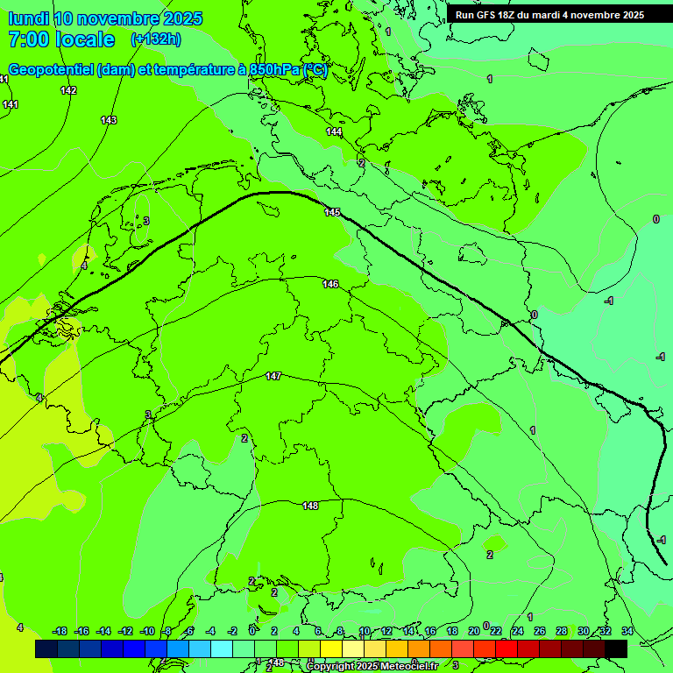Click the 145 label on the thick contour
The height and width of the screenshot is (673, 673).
click(332, 213)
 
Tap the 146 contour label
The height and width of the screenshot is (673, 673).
click(330, 284)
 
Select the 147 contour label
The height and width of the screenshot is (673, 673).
click(273, 376)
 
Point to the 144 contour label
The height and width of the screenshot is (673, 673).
click(334, 132)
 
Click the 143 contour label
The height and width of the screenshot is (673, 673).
click(109, 120)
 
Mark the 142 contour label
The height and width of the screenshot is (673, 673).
click(68, 90)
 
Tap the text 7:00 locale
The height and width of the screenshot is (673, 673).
click(61, 39)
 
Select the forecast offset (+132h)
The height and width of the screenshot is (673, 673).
click(156, 39)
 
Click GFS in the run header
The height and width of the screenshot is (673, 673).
click(484, 15)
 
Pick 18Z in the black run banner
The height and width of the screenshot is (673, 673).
click(507, 15)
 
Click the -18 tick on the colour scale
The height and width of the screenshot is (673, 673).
click(60, 631)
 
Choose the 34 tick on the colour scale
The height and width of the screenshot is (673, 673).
click(627, 631)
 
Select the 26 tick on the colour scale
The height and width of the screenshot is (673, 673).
click(540, 631)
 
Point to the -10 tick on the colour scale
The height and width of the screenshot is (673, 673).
click(147, 631)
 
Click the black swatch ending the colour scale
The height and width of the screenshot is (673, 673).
click(616, 648)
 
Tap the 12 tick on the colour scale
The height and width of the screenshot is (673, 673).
click(386, 631)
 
